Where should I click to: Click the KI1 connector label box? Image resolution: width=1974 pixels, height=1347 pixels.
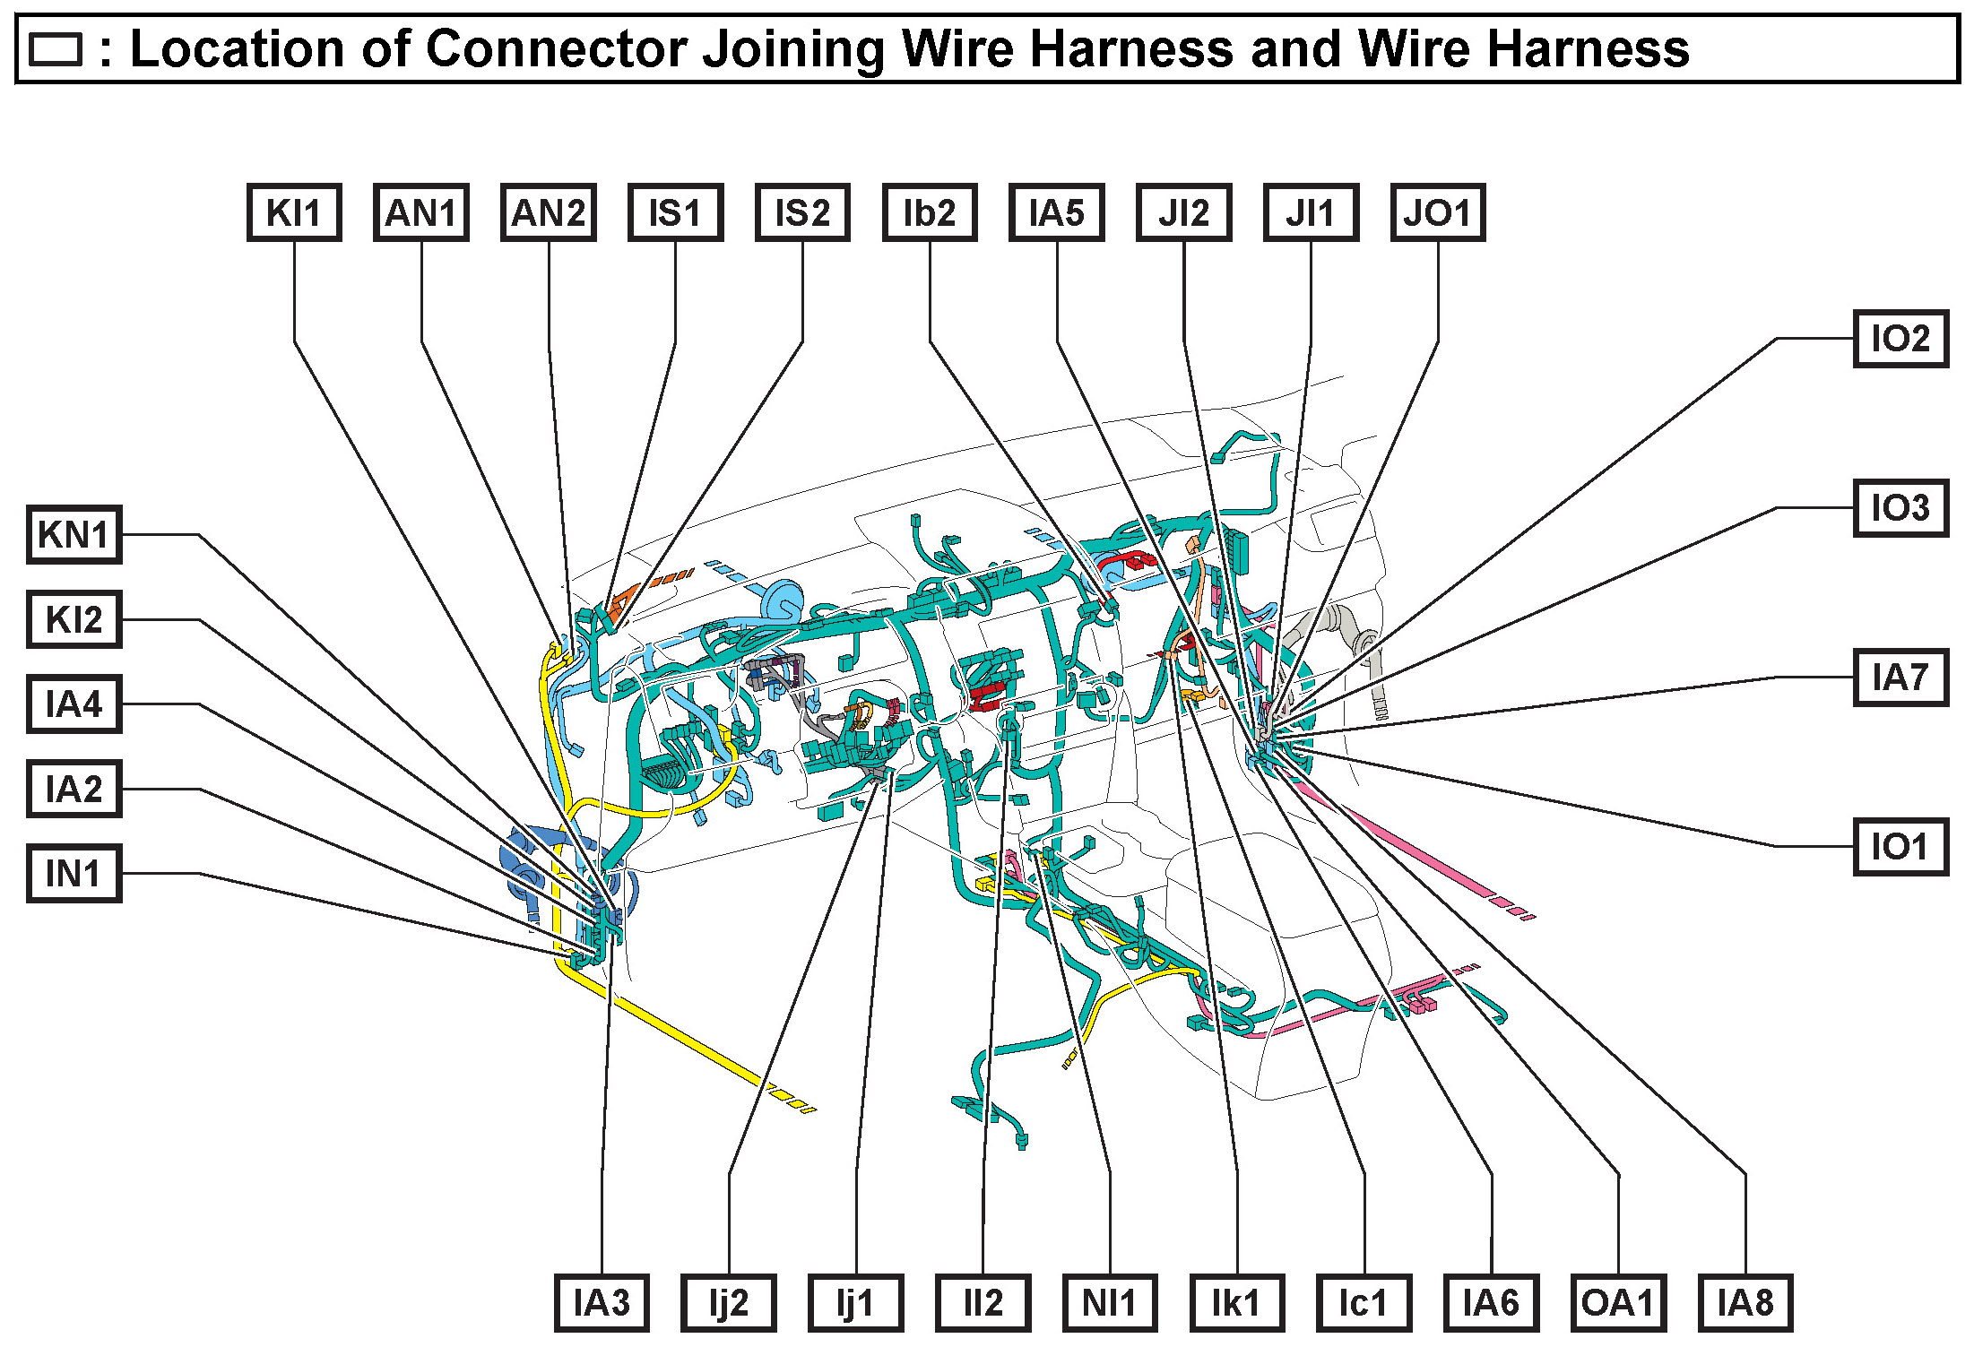pos(294,213)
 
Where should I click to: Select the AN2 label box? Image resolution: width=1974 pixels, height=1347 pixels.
pos(548,213)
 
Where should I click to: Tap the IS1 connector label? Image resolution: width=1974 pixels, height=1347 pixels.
pos(675,213)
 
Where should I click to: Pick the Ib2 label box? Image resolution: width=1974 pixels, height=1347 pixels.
pos(930,213)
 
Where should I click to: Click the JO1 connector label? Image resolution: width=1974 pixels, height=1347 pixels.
pos(1437,213)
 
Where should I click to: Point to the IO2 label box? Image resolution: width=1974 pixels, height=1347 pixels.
pos(1900,339)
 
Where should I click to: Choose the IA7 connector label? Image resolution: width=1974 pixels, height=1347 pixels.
pos(1900,678)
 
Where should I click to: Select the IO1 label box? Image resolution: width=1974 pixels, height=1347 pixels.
pos(1900,847)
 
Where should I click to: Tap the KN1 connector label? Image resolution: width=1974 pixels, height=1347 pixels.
pos(74,535)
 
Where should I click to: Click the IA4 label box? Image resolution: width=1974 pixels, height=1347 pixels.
pos(74,704)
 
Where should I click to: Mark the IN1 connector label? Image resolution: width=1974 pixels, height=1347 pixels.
pos(74,874)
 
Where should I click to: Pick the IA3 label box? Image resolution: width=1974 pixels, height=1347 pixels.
pos(602,1303)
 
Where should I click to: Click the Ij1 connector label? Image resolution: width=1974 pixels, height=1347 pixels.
pos(855,1303)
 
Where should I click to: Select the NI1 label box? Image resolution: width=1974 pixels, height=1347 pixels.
pos(1109,1303)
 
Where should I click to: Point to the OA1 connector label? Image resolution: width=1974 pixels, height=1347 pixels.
pos(1618,1303)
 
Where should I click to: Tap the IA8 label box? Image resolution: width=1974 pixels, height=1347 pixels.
pos(1745,1303)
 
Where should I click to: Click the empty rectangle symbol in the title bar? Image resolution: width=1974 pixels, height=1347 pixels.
pos(56,50)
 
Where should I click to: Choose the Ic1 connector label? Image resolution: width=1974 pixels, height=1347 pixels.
pos(1364,1303)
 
